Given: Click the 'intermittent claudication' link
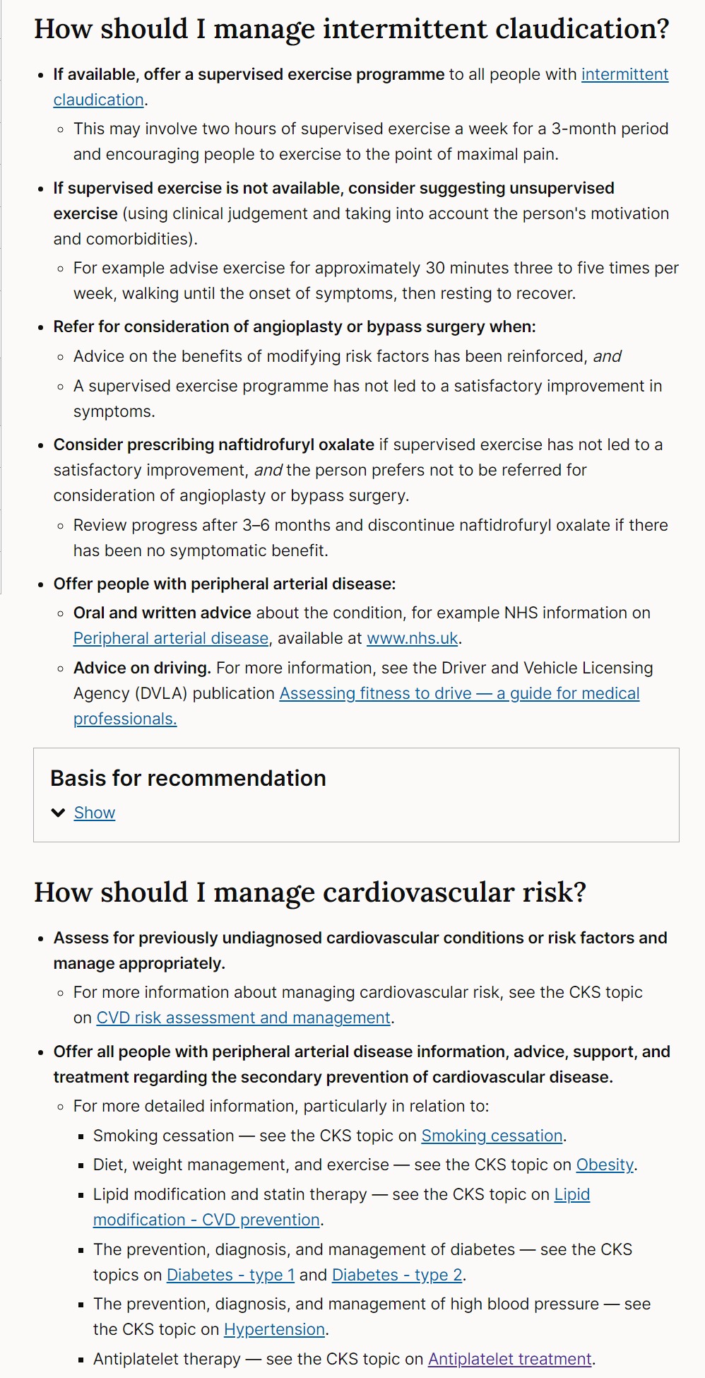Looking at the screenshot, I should coord(624,75).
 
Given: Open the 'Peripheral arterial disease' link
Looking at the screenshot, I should coord(171,639).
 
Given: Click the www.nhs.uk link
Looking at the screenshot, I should coord(413,639).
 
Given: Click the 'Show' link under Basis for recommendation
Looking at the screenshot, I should coord(95,813).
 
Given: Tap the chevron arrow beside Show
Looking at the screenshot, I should coord(59,813).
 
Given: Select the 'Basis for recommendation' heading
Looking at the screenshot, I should coord(188,779).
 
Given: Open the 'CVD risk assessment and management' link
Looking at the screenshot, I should coord(243,1018).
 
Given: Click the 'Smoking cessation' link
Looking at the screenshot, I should coord(492,1136).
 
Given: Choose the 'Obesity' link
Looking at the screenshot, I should coord(605,1165).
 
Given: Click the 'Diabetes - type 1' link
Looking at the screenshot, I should coord(230,1276).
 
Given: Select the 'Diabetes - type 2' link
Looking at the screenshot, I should coord(397,1276).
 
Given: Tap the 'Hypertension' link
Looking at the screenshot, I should coord(274,1330).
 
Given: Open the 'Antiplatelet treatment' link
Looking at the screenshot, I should coord(510,1360).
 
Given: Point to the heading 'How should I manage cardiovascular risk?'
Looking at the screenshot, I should coord(310,893).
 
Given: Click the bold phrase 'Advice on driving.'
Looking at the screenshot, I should coord(142,669).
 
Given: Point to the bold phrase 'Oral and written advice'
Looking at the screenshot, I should coord(162,613).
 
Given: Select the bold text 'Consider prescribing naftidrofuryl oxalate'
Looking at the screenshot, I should coord(213,445).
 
